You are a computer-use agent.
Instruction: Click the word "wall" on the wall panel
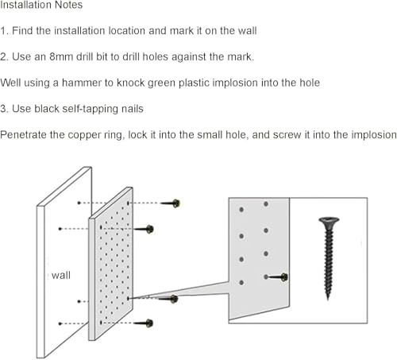(x=61, y=275)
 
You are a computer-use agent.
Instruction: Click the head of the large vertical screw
(x=329, y=221)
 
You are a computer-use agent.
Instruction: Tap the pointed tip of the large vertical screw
(x=328, y=299)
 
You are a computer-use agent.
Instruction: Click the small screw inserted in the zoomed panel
(x=276, y=277)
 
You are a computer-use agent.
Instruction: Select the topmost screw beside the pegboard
(x=171, y=203)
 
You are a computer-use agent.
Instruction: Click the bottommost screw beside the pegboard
(x=144, y=323)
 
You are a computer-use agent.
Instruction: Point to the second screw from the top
(x=144, y=229)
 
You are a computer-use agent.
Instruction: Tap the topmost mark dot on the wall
(x=79, y=203)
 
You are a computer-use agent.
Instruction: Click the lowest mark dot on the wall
(x=60, y=323)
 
